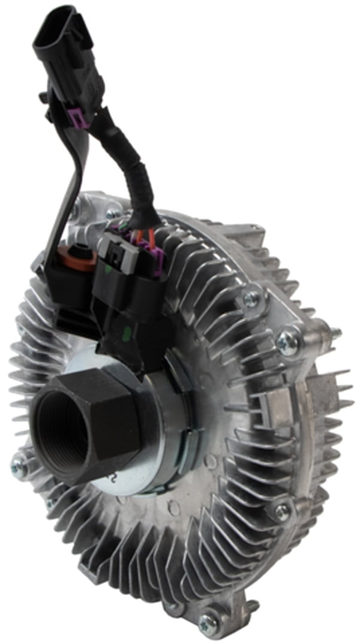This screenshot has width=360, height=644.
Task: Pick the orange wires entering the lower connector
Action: pyautogui.click(x=140, y=240)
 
